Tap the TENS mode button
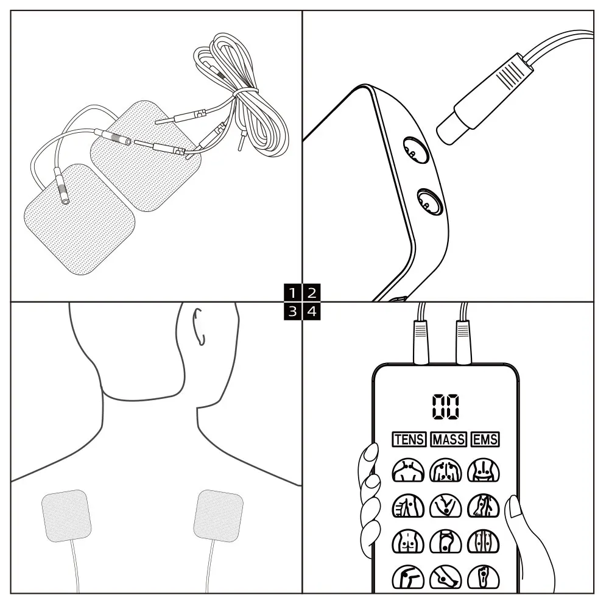tap(409, 439)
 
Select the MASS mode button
tap(449, 439)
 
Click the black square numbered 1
tap(294, 292)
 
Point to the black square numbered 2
tap(311, 292)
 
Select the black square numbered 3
tap(294, 312)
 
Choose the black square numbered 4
tap(311, 312)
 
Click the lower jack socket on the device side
tap(428, 201)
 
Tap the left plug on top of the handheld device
tap(421, 342)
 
